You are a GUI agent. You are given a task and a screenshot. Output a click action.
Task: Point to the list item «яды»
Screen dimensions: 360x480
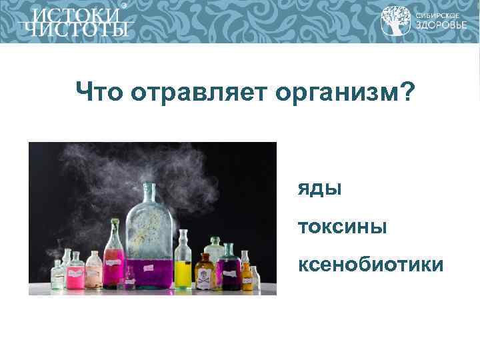(x=320, y=189)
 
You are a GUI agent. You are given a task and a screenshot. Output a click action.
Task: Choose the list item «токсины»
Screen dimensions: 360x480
(x=342, y=227)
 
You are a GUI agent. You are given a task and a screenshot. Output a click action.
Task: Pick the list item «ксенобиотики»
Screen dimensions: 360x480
(x=371, y=265)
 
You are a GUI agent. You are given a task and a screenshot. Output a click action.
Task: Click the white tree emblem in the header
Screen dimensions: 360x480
(x=395, y=21)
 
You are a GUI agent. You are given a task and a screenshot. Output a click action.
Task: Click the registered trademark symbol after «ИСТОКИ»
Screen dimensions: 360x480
(x=123, y=5)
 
